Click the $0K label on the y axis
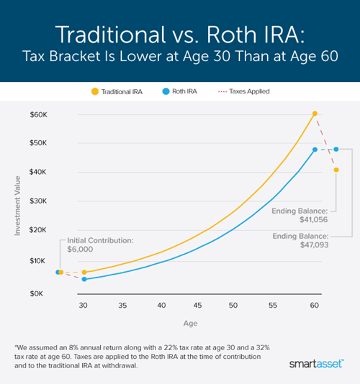[x=40, y=293]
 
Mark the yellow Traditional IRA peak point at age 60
[x=315, y=114]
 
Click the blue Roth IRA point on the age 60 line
[x=315, y=150]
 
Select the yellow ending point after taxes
[x=336, y=170]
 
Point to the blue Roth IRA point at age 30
[x=84, y=279]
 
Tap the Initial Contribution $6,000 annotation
[x=97, y=247]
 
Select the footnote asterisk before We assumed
[x=18, y=345]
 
